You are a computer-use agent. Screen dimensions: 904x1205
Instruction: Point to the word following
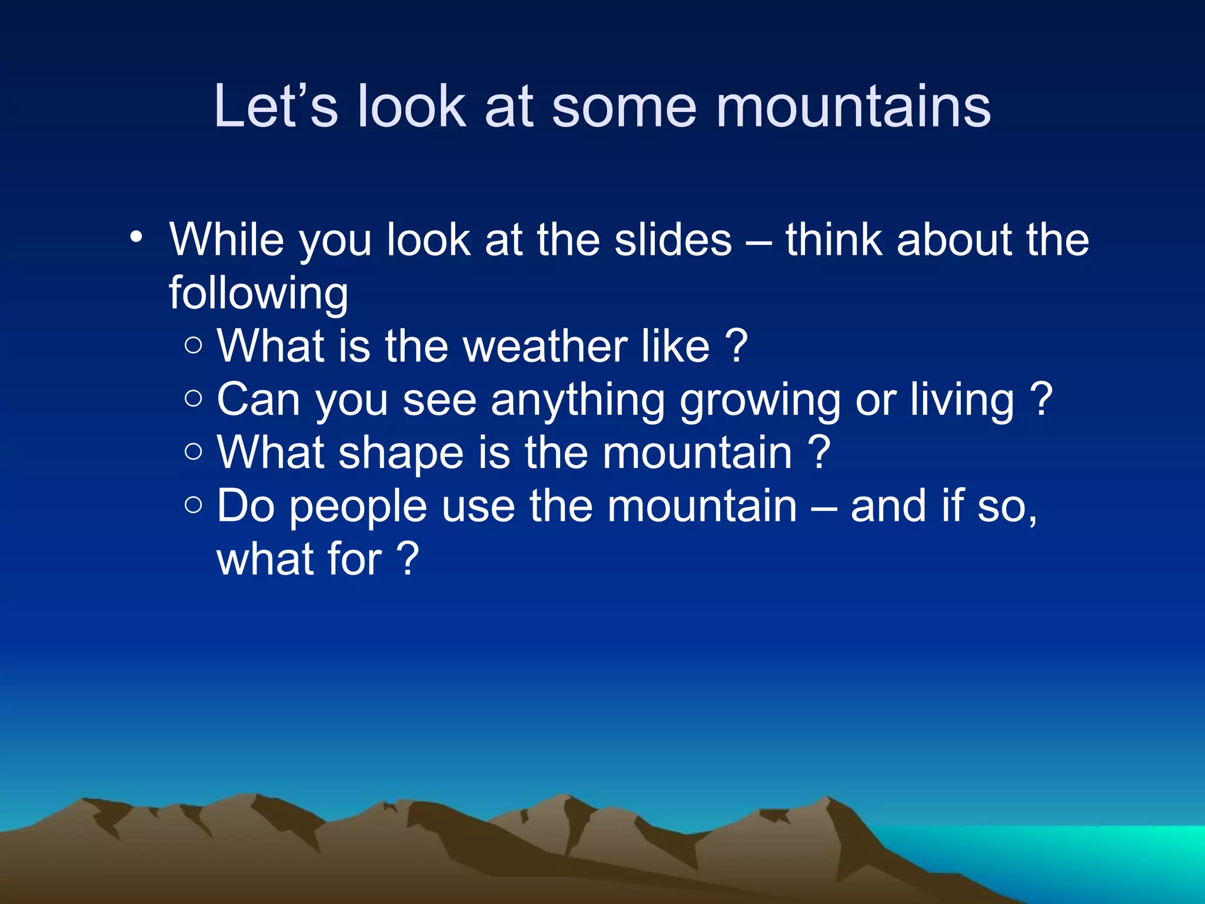(258, 293)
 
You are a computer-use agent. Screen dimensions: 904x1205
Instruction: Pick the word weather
(545, 346)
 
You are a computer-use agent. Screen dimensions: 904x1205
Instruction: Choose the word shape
(401, 453)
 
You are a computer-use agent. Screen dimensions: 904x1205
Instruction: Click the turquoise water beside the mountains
(1089, 853)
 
